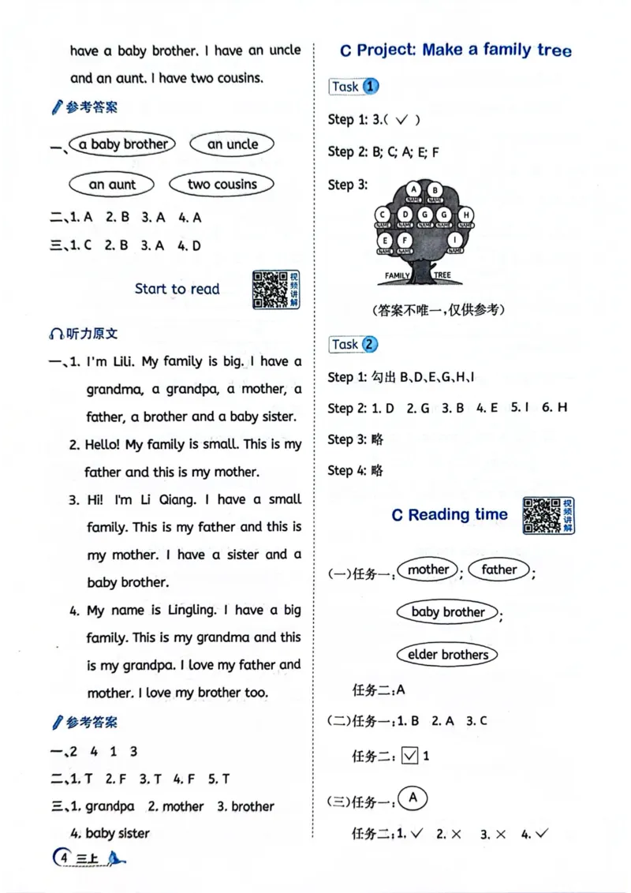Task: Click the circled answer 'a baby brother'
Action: tap(123, 144)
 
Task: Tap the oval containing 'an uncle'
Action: tap(233, 144)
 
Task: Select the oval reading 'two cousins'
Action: tap(222, 185)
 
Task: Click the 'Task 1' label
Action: tap(353, 87)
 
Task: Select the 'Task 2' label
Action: tap(353, 344)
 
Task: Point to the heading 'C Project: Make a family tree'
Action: tap(455, 50)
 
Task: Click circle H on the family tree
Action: tap(465, 215)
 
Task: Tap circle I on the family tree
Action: tap(455, 239)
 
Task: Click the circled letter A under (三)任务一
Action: tap(412, 798)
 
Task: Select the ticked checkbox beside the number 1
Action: tap(409, 756)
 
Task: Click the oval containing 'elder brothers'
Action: tap(448, 654)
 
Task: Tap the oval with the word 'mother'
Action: tap(428, 570)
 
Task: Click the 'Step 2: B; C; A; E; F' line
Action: tap(383, 151)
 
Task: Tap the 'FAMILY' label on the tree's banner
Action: tap(398, 275)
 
